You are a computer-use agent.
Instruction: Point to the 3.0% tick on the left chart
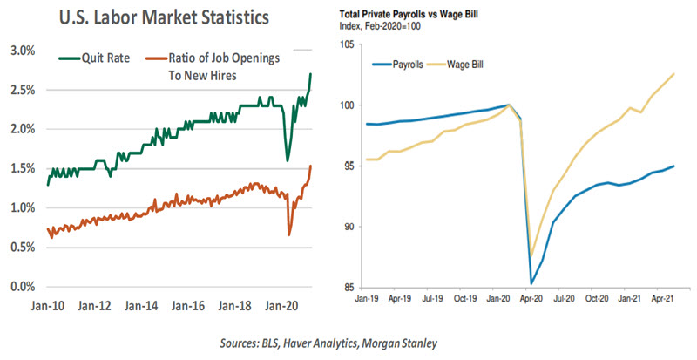[x=20, y=50]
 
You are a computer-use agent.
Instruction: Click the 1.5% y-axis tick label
[x=20, y=168]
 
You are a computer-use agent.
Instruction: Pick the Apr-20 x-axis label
[x=532, y=298]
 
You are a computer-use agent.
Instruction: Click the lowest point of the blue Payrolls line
[x=532, y=283]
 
